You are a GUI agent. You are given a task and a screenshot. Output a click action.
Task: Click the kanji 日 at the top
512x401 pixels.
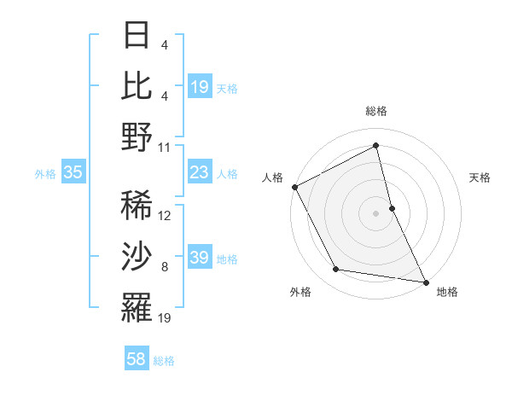[137, 35]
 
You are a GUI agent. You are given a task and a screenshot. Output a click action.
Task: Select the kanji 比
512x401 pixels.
[137, 85]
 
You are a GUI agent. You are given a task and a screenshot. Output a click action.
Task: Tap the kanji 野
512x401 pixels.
[137, 137]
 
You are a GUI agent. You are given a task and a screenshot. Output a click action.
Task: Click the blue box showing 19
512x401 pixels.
[199, 86]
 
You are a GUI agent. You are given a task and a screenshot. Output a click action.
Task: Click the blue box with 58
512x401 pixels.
[137, 360]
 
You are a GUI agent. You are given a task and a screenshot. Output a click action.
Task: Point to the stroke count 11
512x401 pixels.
[165, 147]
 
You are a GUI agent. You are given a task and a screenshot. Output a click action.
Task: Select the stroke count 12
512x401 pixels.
[165, 215]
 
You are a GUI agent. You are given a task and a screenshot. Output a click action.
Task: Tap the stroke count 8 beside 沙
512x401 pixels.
[164, 267]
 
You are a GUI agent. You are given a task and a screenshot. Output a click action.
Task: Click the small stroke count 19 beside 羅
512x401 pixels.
[165, 318]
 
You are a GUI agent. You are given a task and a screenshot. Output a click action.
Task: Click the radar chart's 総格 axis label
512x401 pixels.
[376, 111]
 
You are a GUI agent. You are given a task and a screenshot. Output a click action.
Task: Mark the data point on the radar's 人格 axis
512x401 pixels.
[295, 186]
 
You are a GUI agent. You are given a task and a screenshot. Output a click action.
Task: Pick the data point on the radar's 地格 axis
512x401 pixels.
[425, 282]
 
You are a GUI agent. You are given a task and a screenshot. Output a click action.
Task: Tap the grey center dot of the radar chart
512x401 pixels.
[376, 212]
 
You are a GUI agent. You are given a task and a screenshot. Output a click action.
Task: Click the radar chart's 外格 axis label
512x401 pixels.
[300, 292]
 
